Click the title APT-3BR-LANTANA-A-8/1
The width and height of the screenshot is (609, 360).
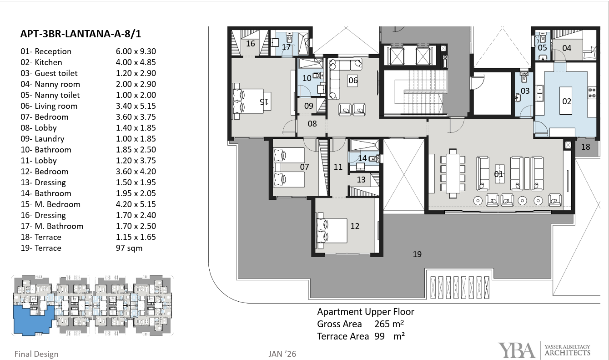pos(81,34)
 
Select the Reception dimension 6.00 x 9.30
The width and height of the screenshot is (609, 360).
pos(136,51)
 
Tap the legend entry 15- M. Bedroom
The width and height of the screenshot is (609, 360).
pos(50,204)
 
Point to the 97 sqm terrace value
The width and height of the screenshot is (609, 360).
pos(129,248)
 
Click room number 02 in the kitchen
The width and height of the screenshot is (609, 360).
pos(567,101)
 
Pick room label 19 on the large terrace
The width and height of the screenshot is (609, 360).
pos(417,254)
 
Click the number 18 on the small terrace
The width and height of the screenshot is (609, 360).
pos(585,147)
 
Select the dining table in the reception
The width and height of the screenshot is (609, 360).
pos(453,173)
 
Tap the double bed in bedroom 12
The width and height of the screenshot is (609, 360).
pos(332,230)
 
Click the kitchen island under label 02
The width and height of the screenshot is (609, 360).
pos(565,101)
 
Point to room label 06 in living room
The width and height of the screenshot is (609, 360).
pos(353,81)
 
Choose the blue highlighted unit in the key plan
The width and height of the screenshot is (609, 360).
pos(33,320)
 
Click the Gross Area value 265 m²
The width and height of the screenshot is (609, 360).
pos(389,324)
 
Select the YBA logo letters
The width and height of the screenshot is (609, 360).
pos(517,350)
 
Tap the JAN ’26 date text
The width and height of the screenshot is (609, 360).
pos(282,354)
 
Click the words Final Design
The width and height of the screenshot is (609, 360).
pos(36,354)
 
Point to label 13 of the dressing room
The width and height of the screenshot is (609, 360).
pos(361,180)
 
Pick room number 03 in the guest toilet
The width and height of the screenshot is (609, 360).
pos(525,91)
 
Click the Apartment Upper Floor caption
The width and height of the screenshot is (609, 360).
pos(366,312)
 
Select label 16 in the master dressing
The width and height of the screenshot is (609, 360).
pos(251,44)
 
